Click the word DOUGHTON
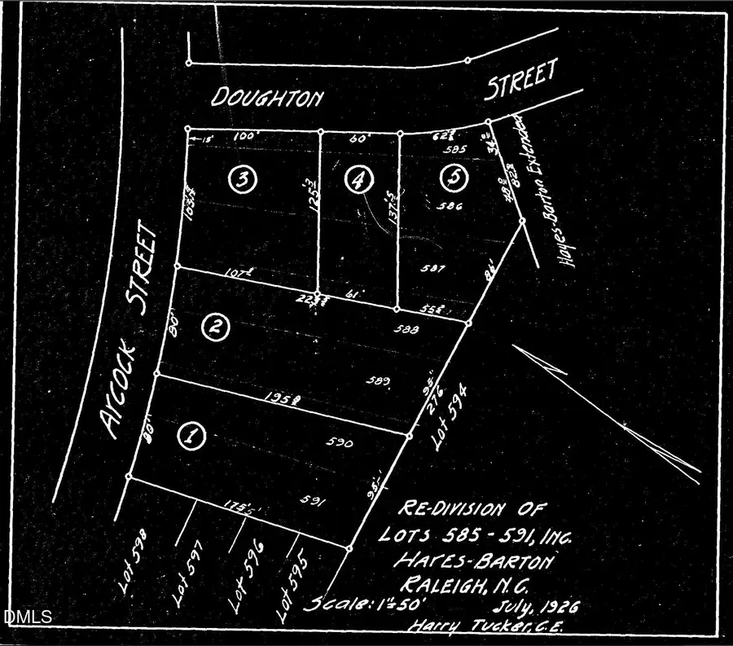coord(267,99)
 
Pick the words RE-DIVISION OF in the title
coord(465,512)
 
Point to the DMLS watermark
coord(28,617)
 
